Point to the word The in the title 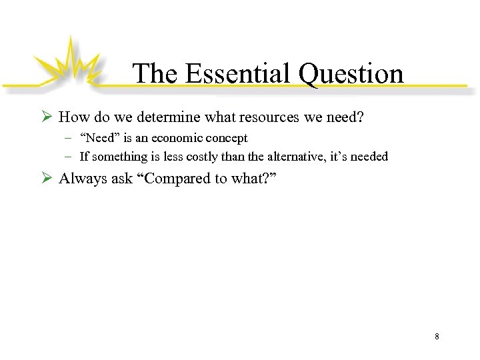156,73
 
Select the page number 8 437,337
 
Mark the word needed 369,157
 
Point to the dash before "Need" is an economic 70,138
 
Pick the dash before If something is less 70,157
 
